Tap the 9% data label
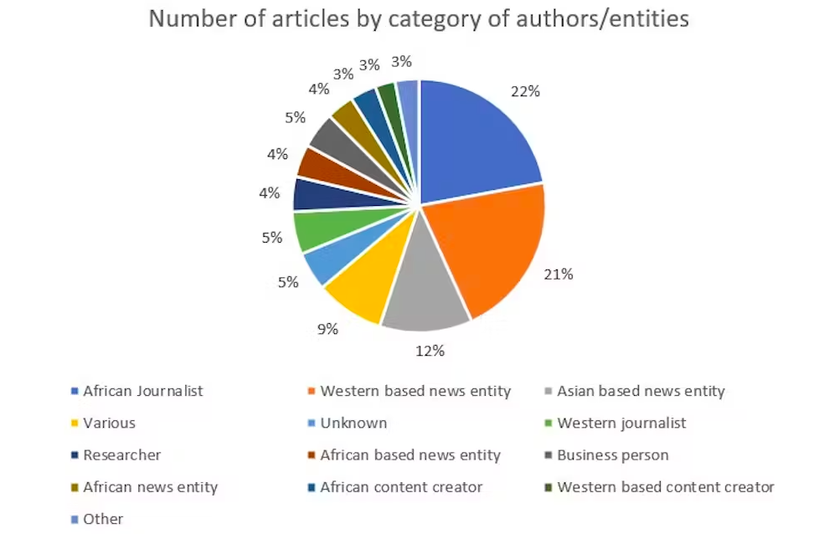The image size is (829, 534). (x=327, y=329)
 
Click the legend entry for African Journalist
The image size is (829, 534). (x=142, y=391)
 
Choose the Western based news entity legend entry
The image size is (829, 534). (x=415, y=391)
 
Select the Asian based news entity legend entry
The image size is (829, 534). (x=641, y=391)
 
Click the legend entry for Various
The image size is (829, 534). (x=109, y=423)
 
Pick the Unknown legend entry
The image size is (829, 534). (x=353, y=423)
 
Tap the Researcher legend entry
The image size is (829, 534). (x=121, y=454)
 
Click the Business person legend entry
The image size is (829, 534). (x=613, y=454)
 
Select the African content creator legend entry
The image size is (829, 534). (x=401, y=486)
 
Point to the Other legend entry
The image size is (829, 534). (x=103, y=519)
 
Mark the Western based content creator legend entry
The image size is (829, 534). (x=666, y=486)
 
